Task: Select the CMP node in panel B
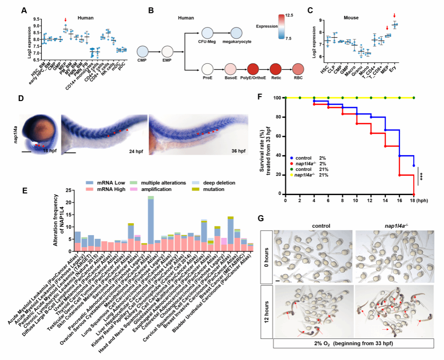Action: [143, 51]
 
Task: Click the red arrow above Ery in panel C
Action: [395, 16]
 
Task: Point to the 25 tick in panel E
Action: [68, 190]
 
